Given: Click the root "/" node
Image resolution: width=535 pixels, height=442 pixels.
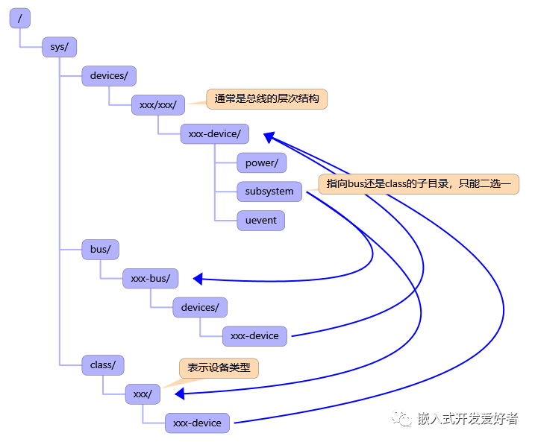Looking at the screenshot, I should pos(19,19).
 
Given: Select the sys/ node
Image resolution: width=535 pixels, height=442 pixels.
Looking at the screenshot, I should pos(59,47).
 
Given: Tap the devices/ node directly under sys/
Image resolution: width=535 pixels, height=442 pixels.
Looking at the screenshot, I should pos(108,75).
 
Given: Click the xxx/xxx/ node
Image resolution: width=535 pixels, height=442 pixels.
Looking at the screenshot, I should pos(157,104).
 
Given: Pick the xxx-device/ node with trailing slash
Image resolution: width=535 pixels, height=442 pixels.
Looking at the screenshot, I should pos(214,133).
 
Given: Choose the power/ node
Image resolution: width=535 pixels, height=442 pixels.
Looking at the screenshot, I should pos(261,162).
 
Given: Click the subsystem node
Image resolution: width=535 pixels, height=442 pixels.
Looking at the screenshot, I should pos(269,191).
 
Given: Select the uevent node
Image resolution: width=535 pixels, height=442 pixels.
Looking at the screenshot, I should pos(260,220).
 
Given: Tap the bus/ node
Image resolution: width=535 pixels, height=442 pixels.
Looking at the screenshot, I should pos(100,249).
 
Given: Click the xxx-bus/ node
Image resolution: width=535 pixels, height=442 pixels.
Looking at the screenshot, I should pos(150,278).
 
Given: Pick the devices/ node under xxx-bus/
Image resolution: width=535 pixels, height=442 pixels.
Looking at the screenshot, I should pos(200,307).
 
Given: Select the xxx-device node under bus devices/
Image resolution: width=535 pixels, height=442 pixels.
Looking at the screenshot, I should pos(254,335).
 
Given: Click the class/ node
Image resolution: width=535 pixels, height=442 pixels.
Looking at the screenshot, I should pos(102,364).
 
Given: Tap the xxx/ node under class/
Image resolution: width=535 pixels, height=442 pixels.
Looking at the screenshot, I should pos(142,394).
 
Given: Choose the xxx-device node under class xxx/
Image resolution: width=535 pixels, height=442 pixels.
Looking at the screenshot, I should pos(197,423).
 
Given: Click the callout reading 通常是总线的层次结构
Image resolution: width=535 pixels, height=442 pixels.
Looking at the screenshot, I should pos(266,98).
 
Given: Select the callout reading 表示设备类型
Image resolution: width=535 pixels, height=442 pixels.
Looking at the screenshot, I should pos(219,367).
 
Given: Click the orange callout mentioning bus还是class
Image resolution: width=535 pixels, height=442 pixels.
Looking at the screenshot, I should pos(418,184).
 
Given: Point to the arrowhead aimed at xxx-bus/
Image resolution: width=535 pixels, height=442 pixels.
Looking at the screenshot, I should pos(198,279).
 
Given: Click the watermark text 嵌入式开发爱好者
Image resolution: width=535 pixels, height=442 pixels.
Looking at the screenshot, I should pos(467,419).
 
